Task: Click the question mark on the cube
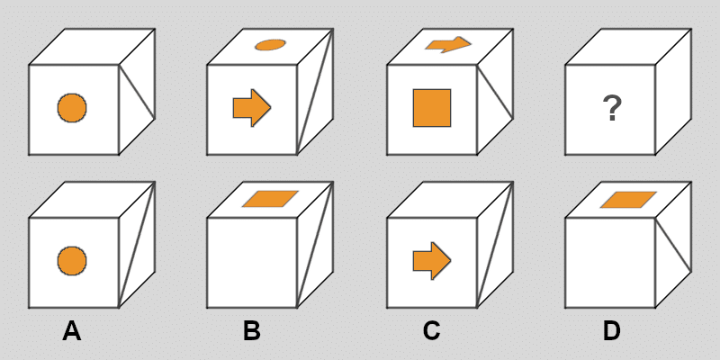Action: tap(612, 109)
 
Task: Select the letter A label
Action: tap(72, 331)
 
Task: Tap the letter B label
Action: tap(252, 331)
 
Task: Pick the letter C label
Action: tap(431, 331)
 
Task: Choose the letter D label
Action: tap(612, 331)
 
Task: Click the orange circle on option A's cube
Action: tap(72, 261)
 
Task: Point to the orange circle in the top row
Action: tap(72, 108)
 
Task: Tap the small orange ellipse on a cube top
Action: tap(271, 44)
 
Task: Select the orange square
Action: tap(432, 108)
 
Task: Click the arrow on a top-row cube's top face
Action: tap(448, 44)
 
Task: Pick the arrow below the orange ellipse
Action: tap(252, 108)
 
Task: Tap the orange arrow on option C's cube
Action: tap(432, 261)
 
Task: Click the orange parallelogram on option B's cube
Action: tap(270, 199)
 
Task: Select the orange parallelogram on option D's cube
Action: tap(628, 200)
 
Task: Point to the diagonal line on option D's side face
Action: tap(673, 245)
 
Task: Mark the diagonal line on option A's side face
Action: tap(137, 244)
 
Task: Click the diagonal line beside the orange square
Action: tap(495, 92)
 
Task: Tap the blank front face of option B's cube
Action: tap(252, 263)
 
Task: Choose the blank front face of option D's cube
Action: tap(610, 263)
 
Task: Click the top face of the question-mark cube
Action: tap(628, 47)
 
